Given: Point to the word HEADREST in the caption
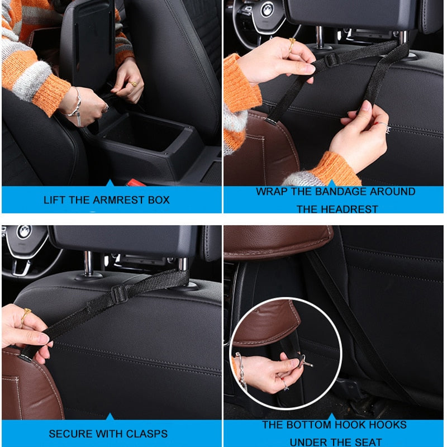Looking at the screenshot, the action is point(351,209).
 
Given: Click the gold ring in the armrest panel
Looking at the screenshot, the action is point(133,84).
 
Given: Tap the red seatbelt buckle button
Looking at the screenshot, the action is point(136,183).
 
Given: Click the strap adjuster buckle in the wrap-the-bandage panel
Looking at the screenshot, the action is point(331,60).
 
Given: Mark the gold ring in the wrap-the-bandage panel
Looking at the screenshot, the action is point(292,44).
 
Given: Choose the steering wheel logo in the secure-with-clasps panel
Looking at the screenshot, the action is point(24,232).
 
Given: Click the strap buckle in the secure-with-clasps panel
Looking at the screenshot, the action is point(120,294).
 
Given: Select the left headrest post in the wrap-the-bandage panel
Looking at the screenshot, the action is point(319,37).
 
